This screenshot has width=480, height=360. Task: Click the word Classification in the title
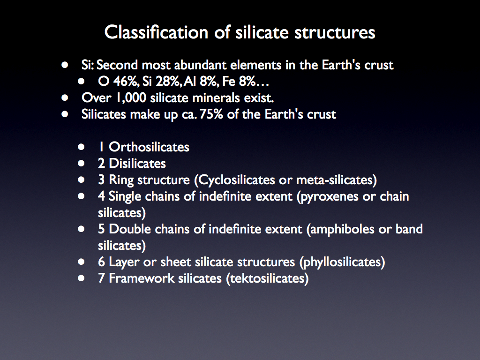click(x=156, y=32)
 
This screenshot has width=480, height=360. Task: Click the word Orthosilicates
click(x=149, y=147)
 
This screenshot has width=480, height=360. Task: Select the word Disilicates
click(x=137, y=164)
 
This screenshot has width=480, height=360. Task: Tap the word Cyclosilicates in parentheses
click(x=236, y=180)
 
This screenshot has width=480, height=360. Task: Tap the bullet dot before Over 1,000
click(x=65, y=97)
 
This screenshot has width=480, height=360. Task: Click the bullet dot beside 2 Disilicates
click(x=81, y=163)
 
